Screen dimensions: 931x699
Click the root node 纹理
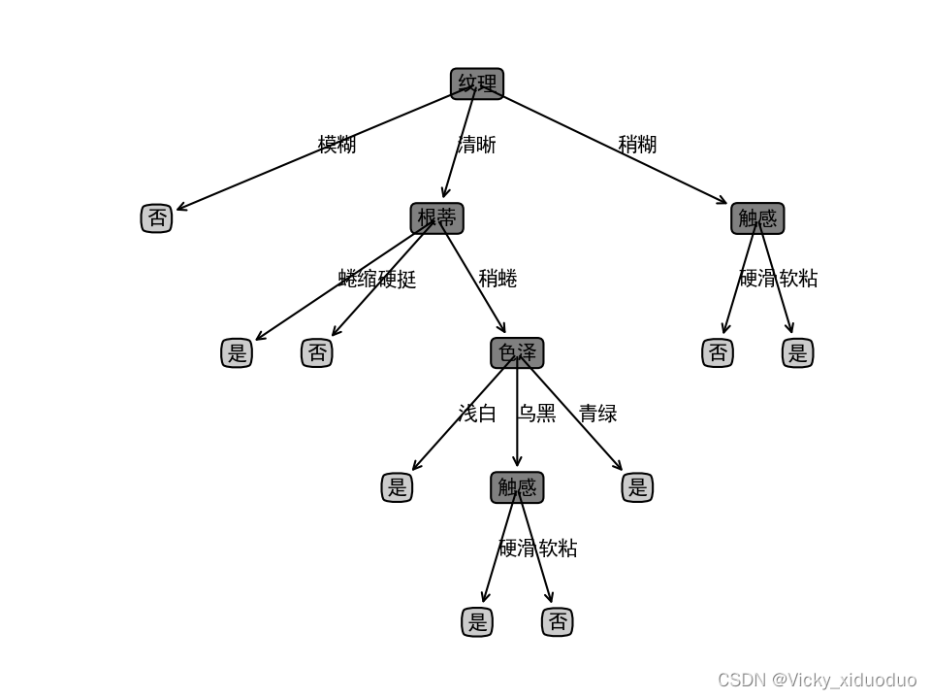pyautogui.click(x=477, y=83)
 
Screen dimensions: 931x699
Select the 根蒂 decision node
pyautogui.click(x=436, y=218)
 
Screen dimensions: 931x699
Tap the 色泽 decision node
pyautogui.click(x=517, y=352)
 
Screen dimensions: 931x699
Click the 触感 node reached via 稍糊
pyautogui.click(x=757, y=218)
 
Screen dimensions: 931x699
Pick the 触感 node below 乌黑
pyautogui.click(x=517, y=487)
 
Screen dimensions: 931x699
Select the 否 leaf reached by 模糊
pyautogui.click(x=156, y=218)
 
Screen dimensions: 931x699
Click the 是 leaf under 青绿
pyautogui.click(x=637, y=487)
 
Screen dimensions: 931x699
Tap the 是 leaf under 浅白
pyautogui.click(x=397, y=487)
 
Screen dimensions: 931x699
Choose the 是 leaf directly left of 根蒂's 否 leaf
pyautogui.click(x=237, y=352)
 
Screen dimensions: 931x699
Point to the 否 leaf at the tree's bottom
pyautogui.click(x=558, y=621)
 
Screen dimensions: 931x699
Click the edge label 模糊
pyautogui.click(x=337, y=145)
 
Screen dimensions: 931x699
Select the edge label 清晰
pyautogui.click(x=476, y=145)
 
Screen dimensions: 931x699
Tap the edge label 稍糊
pyautogui.click(x=637, y=145)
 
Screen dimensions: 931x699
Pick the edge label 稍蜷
pyautogui.click(x=498, y=279)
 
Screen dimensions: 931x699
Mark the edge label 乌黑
pyautogui.click(x=536, y=414)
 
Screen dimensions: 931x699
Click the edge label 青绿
pyautogui.click(x=597, y=414)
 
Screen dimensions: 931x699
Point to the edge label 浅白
pyautogui.click(x=477, y=414)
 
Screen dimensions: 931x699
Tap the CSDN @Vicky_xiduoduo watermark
pyautogui.click(x=817, y=680)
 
